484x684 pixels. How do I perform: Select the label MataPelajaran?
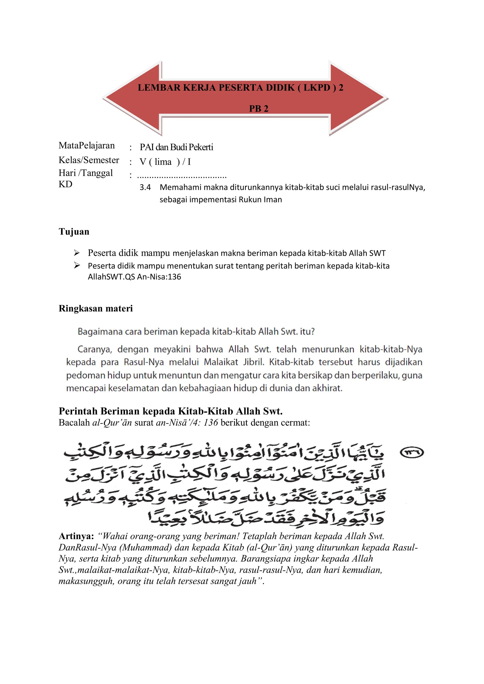pos(87,145)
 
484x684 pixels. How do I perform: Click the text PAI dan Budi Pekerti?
pos(176,147)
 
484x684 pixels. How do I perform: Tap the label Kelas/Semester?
pos(89,160)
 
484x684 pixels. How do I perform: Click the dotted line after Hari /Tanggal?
pos(182,177)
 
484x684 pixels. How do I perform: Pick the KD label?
pos(65,184)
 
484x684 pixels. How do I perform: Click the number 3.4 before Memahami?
pos(145,187)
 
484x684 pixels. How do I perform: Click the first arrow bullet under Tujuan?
pos(77,253)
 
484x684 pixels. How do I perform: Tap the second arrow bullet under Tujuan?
pos(77,265)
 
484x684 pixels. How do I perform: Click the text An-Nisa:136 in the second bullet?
pos(159,277)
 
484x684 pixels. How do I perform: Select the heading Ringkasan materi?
pos(96,308)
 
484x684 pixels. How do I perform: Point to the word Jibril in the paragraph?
pos(254,362)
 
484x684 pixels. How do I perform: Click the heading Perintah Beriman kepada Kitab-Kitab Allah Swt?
pos(171,411)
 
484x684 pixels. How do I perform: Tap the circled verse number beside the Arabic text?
pos(411,453)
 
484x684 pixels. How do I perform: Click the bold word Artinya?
pos(76,536)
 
